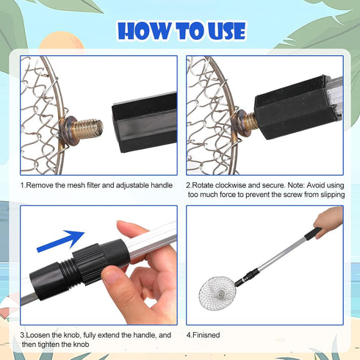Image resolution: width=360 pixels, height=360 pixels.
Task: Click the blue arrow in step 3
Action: (61, 241)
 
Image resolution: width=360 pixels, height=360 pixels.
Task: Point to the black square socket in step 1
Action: (145, 123)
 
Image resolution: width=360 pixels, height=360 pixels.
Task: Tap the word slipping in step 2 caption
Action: (333, 195)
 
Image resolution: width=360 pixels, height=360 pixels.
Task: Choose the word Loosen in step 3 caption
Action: (37, 335)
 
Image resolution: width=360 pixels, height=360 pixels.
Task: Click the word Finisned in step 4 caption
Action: (206, 335)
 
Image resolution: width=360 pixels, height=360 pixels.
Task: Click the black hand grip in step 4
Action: (313, 233)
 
